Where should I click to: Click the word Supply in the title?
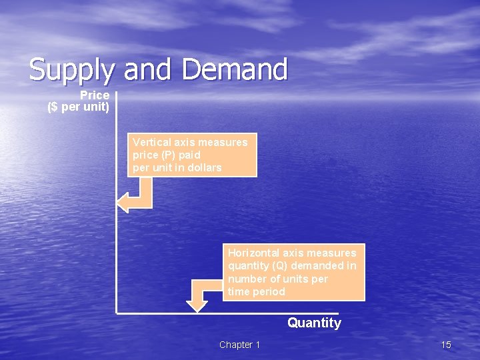coord(71,70)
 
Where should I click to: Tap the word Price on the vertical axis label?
coord(95,95)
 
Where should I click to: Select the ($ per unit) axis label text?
coord(79,107)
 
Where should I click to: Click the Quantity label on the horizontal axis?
coord(314,323)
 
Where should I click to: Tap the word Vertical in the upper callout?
coord(150,142)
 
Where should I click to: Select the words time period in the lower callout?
coord(256,291)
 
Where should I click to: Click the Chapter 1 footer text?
coord(240,345)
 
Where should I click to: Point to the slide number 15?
coord(446,345)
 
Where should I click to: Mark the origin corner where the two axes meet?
coord(117,311)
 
